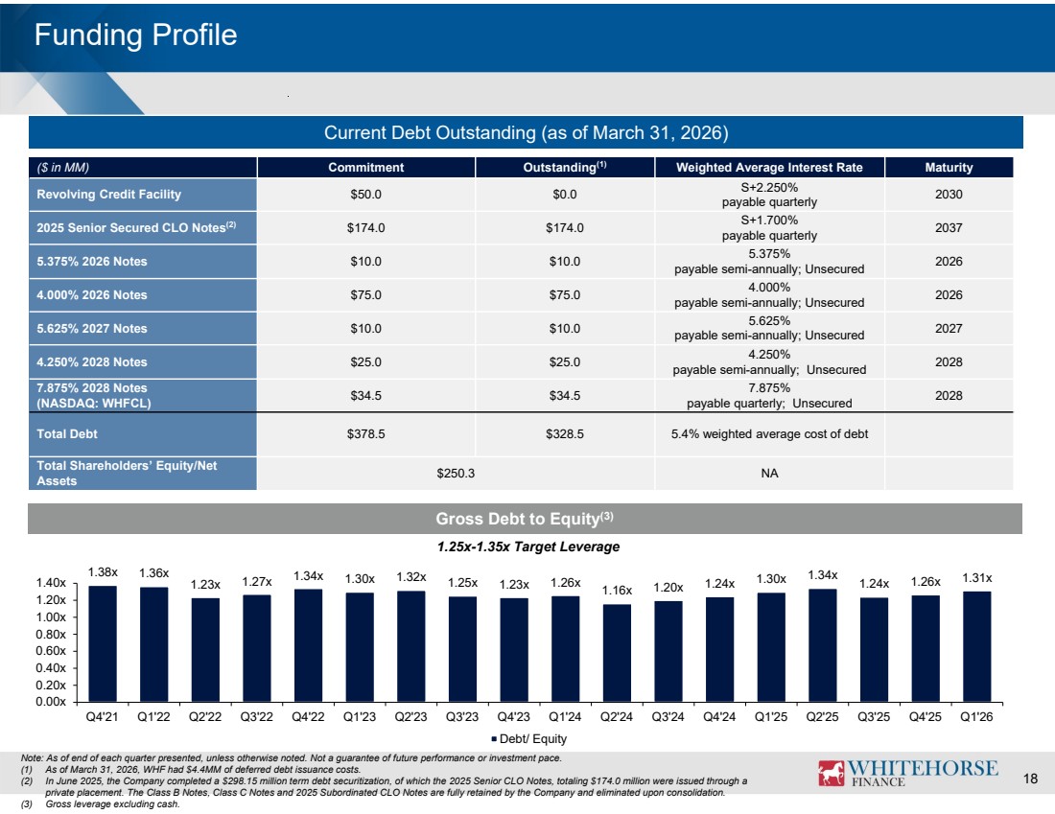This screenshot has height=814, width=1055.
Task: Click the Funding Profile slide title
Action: (x=135, y=35)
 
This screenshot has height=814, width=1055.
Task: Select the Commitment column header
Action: (x=366, y=168)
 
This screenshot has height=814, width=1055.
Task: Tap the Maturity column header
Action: (x=949, y=168)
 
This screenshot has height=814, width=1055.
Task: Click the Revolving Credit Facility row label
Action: (x=109, y=195)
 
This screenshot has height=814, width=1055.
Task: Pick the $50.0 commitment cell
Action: (x=366, y=195)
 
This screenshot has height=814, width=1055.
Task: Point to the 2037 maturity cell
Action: (x=949, y=228)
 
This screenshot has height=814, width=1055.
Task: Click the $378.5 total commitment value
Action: (x=366, y=434)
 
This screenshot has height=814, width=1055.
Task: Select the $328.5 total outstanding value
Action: (x=565, y=434)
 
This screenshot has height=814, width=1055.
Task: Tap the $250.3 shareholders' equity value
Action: (x=456, y=473)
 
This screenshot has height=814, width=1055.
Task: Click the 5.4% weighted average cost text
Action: (x=769, y=434)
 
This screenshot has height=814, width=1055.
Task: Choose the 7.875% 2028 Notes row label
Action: (x=94, y=396)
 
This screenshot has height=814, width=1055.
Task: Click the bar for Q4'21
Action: (x=103, y=643)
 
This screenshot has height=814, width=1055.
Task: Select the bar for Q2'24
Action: (x=617, y=653)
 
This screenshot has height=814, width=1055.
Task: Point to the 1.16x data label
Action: (x=617, y=590)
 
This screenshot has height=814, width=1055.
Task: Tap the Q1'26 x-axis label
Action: (x=976, y=716)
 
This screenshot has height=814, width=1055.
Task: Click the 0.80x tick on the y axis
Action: (x=51, y=634)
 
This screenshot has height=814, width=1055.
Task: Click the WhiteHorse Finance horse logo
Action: (x=831, y=773)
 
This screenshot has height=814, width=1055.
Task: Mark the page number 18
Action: (x=1030, y=779)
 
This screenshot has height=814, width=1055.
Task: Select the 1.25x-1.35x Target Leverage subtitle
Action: (x=528, y=547)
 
